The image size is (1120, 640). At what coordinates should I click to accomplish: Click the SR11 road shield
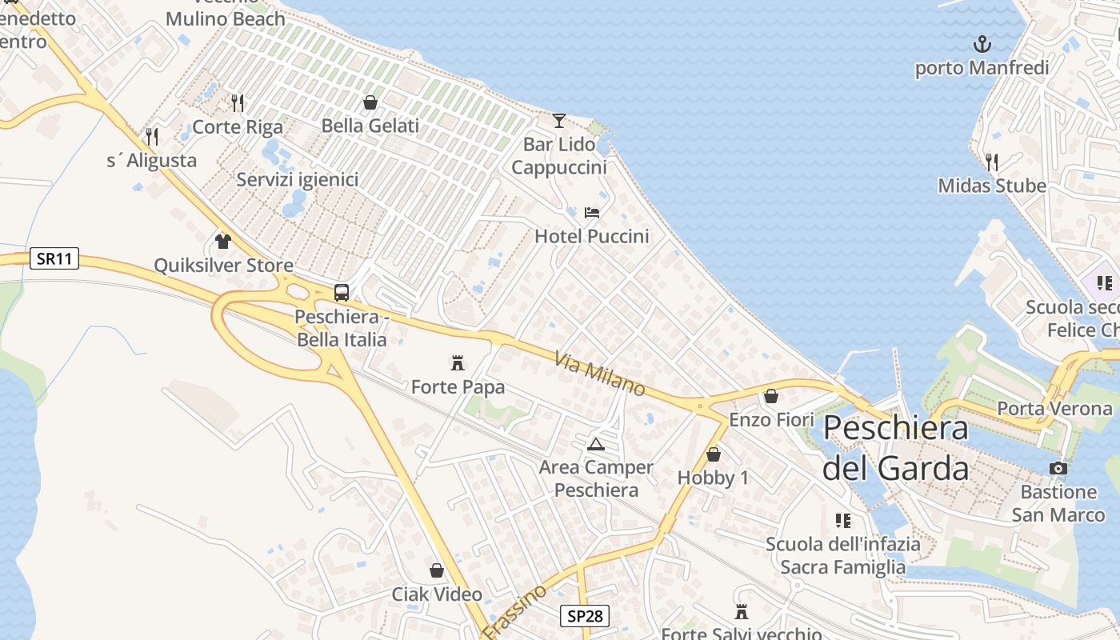click(x=54, y=258)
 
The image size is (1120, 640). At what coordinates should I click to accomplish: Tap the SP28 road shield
click(x=584, y=615)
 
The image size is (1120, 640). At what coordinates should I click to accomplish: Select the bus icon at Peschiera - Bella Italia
click(x=342, y=293)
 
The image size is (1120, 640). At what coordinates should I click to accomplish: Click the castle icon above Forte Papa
click(x=458, y=363)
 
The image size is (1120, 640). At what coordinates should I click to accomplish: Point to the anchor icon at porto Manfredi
click(x=982, y=44)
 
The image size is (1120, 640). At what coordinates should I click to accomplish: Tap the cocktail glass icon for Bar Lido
click(x=559, y=121)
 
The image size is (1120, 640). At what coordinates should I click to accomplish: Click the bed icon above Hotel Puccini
click(x=592, y=213)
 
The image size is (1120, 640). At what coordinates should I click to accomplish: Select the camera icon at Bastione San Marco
click(x=1058, y=468)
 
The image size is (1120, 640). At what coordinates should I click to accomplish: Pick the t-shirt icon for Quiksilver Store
click(x=223, y=241)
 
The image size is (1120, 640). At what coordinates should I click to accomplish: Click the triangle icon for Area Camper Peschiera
click(x=595, y=444)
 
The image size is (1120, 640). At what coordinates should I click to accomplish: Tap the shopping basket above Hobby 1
click(x=713, y=454)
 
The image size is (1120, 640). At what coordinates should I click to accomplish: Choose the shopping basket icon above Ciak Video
click(x=437, y=570)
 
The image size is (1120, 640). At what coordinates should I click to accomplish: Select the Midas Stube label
click(x=992, y=186)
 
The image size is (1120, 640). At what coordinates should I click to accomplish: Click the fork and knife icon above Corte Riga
click(x=238, y=103)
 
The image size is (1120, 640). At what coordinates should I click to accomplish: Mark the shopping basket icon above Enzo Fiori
click(x=771, y=396)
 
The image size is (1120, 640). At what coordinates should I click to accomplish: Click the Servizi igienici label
click(x=297, y=179)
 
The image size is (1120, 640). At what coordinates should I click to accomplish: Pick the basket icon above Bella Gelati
click(x=370, y=102)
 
